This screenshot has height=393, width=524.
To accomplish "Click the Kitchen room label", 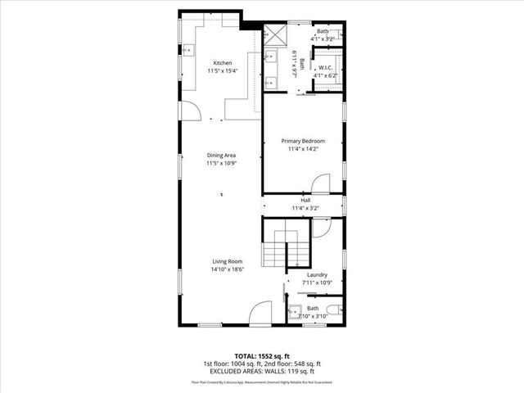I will tap(222, 63).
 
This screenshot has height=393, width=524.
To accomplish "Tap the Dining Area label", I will tap(221, 155).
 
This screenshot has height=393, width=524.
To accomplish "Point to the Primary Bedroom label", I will tap(302, 141).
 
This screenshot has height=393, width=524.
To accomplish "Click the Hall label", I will tap(305, 200).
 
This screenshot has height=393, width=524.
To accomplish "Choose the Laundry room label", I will tap(317, 274).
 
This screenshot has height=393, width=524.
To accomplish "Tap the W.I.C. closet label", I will tap(325, 68).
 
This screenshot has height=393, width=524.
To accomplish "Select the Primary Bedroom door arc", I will tap(320, 183).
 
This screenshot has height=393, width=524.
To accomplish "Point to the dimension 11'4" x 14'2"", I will tap(302, 149).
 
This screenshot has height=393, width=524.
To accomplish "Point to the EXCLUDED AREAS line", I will tap(262, 372).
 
